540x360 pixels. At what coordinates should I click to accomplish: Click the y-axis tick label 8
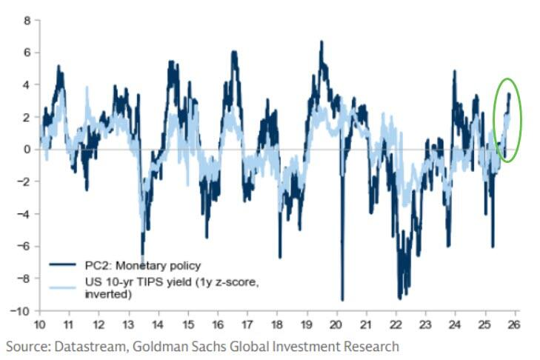click(27, 21)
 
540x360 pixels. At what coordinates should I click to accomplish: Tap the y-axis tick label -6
click(24, 247)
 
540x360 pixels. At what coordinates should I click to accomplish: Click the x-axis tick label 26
click(514, 324)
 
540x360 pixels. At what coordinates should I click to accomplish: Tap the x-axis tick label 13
click(127, 324)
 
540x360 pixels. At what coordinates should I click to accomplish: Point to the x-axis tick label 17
click(247, 324)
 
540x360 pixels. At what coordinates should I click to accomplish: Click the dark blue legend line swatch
click(64, 265)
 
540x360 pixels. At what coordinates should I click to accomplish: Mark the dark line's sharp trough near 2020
click(342, 299)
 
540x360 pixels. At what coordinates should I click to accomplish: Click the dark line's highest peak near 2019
click(321, 42)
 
